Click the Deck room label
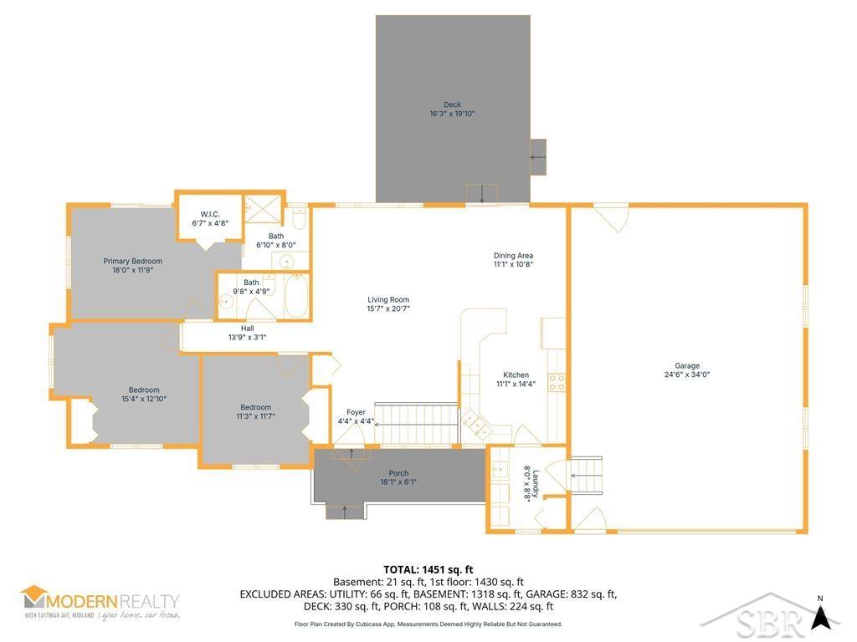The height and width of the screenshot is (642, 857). point(452,104)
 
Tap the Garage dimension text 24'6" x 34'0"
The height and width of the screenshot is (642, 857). point(686,375)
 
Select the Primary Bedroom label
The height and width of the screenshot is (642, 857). point(133,261)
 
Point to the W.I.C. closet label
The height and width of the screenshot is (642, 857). point(209,214)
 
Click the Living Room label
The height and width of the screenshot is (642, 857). point(388,299)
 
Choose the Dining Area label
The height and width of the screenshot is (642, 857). point(513,256)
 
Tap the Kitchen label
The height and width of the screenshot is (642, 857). point(516,375)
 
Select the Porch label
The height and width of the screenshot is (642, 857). point(398,473)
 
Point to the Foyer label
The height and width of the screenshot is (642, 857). point(356,412)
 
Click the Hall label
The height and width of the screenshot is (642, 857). point(247,329)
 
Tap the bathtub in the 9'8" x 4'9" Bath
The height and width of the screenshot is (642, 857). point(297,297)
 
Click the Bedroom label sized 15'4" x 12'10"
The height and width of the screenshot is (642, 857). point(144,390)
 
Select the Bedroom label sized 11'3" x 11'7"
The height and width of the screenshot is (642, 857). point(255,407)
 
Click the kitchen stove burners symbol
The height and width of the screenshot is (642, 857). point(556,382)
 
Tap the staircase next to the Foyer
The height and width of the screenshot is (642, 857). point(417,413)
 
